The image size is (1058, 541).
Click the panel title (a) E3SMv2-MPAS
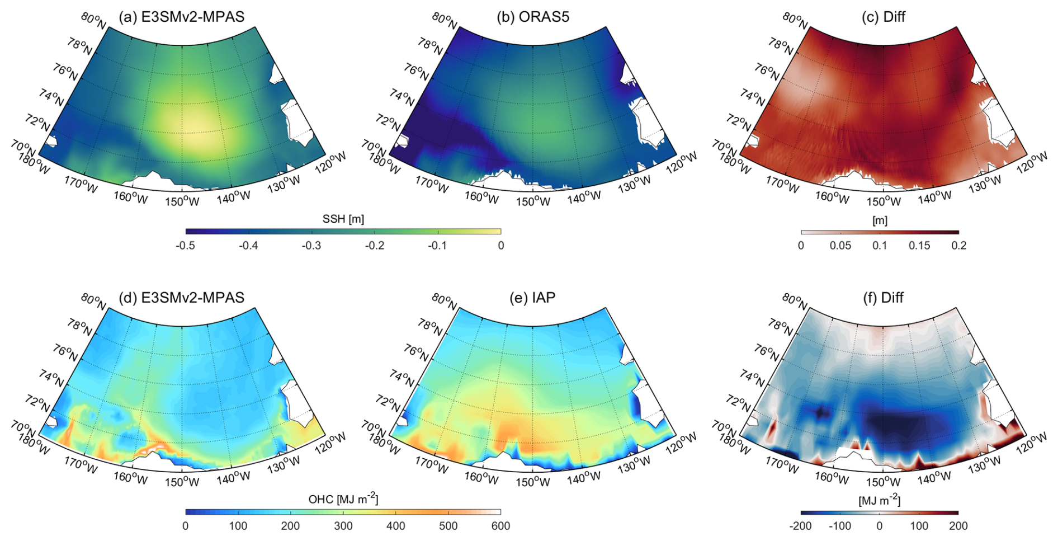(x=182, y=17)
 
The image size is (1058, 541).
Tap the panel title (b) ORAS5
(x=532, y=17)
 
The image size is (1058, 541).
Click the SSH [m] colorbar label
(x=343, y=219)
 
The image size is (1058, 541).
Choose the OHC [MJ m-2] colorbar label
(x=343, y=499)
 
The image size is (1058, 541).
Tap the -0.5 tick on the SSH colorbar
(x=186, y=246)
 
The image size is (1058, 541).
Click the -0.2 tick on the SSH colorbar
(x=375, y=246)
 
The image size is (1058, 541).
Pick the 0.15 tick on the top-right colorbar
(x=919, y=246)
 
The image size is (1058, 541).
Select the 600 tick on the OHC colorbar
(x=500, y=526)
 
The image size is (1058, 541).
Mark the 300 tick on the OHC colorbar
(x=343, y=526)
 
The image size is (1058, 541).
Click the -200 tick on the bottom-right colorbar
(x=800, y=526)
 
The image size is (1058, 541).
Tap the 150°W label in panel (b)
(x=532, y=201)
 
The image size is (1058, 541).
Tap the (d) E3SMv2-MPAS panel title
(x=182, y=298)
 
